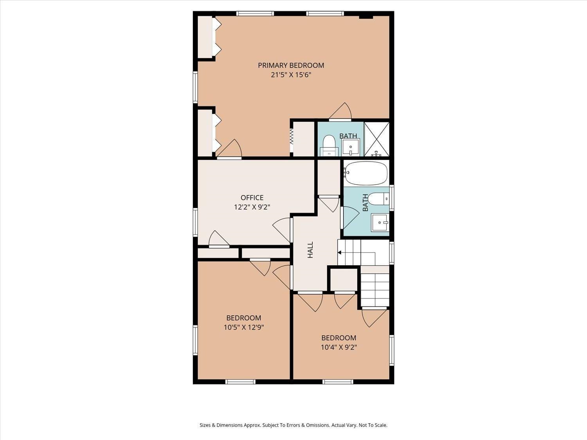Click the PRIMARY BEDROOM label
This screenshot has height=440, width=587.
coord(291,65)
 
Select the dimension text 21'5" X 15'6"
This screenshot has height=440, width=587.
coord(291,75)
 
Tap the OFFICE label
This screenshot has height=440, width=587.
coord(252,198)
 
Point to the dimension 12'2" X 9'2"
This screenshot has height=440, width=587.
coord(252,207)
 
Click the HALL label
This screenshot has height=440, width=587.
coord(310,250)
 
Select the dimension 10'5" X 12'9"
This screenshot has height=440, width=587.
coord(243,327)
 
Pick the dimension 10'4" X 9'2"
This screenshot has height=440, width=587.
coord(339,347)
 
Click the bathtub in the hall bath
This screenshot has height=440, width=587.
coord(366,173)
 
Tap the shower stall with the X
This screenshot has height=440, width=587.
coord(376,139)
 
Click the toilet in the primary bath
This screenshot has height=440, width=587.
coord(329,145)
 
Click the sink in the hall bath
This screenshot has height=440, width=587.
coord(380,223)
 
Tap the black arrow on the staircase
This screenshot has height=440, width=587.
coord(339,253)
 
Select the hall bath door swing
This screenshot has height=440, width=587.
coord(349,217)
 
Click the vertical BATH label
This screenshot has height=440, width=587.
coord(365,203)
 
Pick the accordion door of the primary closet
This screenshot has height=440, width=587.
coord(292,136)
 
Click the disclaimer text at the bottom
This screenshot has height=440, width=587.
coord(293,425)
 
